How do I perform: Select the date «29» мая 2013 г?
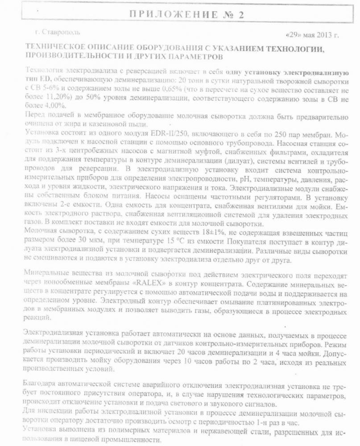pyautogui.click(x=311, y=35)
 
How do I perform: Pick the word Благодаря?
pyautogui.click(x=43, y=384)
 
